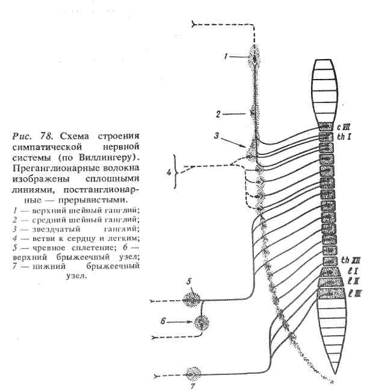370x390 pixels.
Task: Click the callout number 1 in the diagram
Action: [225, 57]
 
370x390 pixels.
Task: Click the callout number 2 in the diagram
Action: [220, 113]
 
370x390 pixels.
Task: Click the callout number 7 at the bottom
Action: [193, 385]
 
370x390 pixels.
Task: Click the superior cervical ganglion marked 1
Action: [256, 58]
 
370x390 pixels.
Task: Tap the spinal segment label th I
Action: [344, 136]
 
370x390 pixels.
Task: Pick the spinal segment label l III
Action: [347, 292]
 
